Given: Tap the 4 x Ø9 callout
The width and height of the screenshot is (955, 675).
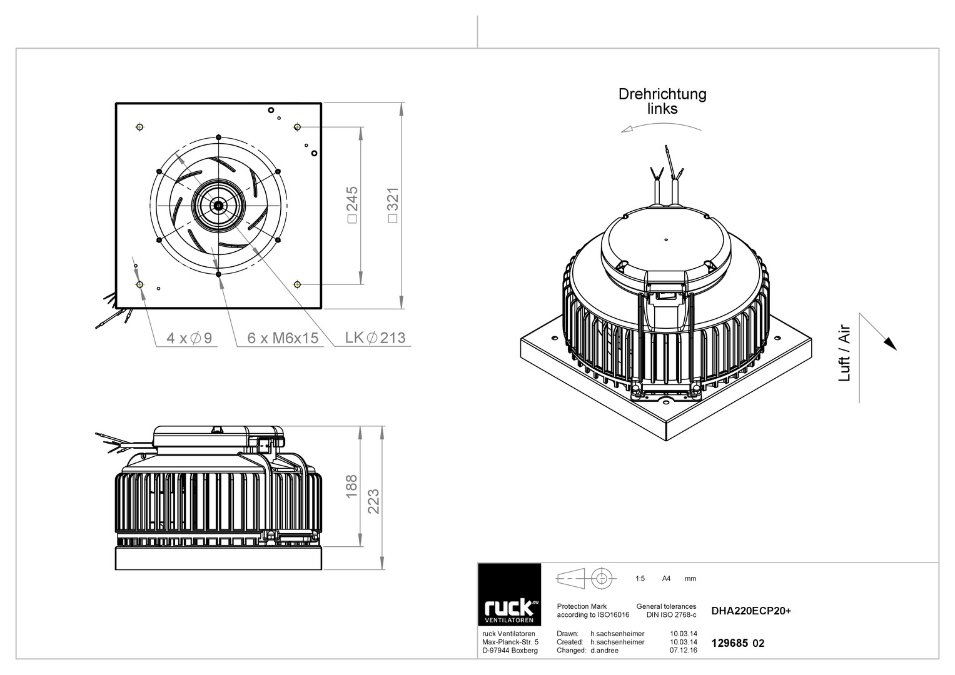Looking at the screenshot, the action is pos(189,338).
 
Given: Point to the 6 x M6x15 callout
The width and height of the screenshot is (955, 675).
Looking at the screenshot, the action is pos(283,338).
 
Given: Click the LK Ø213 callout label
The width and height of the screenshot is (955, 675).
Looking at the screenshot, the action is pos(375,337).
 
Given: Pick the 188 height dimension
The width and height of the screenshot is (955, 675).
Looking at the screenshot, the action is pos(351,486).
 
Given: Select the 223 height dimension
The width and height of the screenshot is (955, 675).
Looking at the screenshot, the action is pos(373,501).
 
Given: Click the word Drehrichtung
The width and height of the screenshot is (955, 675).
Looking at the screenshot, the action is pos(662,94).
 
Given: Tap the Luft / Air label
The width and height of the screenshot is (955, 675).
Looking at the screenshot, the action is pos(844,354).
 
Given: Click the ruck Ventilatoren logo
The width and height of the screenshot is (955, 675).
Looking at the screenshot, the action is pos(509,594).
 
